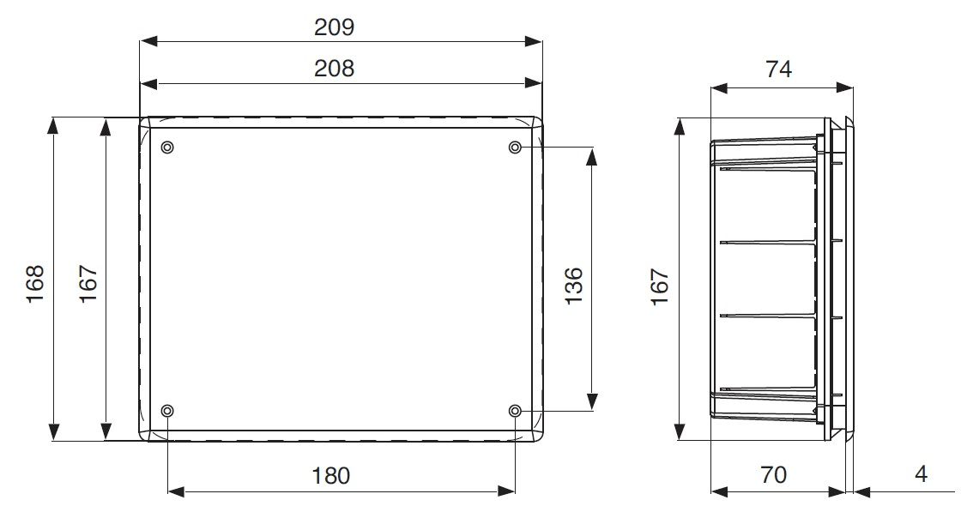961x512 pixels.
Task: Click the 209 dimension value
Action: point(334,27)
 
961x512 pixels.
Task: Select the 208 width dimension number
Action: point(334,68)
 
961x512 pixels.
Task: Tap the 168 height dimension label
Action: point(35,283)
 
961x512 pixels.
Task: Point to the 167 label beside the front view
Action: point(88,283)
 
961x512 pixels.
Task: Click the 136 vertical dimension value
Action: point(573,286)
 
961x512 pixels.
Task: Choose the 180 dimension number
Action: point(331,475)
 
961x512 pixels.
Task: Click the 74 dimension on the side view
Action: point(778,69)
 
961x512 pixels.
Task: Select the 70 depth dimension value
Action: point(773,474)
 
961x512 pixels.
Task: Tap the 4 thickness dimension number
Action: point(922,473)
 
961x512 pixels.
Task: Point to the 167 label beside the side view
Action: point(660,286)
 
